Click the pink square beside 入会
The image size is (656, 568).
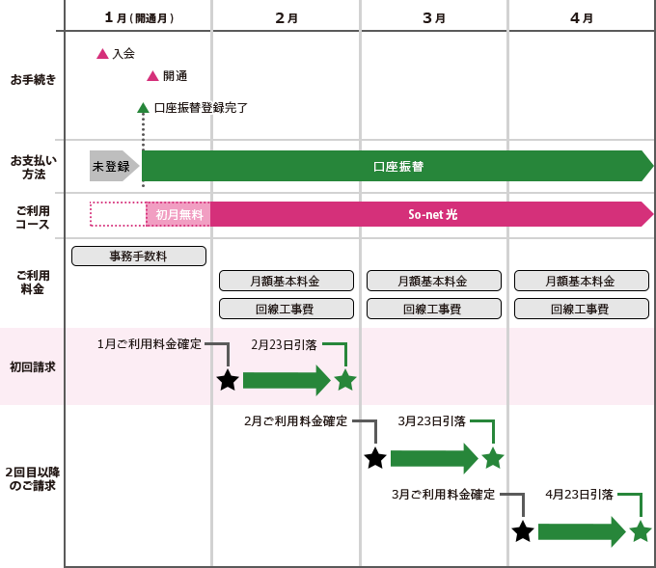[101, 53]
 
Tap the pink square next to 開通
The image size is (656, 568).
[151, 75]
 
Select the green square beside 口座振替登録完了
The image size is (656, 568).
[142, 107]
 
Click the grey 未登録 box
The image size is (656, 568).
[111, 166]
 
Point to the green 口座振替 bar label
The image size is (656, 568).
[397, 166]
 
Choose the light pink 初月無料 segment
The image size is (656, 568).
[178, 214]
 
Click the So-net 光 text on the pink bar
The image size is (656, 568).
[432, 214]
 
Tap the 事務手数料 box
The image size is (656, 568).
[139, 256]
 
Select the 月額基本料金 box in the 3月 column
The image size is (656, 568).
[433, 281]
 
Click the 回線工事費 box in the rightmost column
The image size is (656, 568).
[581, 310]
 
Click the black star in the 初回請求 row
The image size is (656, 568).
[228, 380]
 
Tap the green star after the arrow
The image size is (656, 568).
[345, 380]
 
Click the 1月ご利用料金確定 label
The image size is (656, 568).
[149, 344]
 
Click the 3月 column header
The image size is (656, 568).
[432, 16]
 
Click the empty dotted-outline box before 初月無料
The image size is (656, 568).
[118, 214]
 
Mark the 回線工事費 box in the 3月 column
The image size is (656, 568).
[433, 310]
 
